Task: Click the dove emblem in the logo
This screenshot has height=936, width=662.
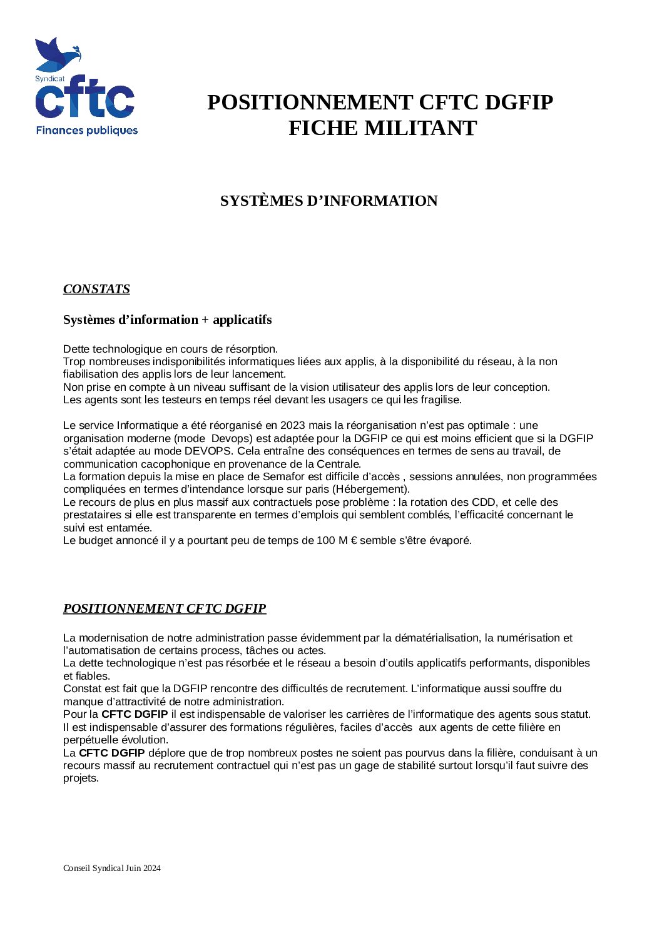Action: tap(57, 54)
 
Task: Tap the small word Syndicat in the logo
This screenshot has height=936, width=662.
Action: tap(49, 79)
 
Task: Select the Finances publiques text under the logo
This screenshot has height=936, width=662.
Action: tap(86, 131)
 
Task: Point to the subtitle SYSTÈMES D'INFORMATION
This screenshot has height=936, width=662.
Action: tap(328, 201)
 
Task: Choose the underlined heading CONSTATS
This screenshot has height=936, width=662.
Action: tap(96, 289)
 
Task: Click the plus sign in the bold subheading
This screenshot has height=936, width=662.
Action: tap(205, 320)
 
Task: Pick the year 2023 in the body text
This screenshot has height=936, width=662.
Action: tap(292, 426)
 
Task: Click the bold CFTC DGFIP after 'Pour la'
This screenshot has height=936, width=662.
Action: tap(135, 714)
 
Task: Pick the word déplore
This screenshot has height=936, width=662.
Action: tap(166, 753)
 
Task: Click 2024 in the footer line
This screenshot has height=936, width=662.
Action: tap(152, 868)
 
